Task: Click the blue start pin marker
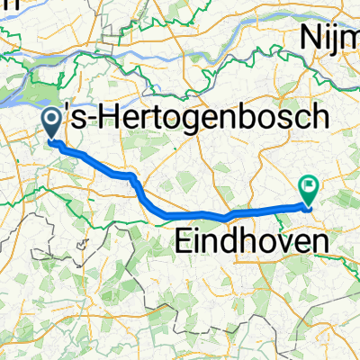click(x=51, y=122)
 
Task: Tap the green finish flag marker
click(x=309, y=190)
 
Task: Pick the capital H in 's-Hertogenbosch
click(x=106, y=119)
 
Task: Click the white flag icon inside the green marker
click(x=309, y=186)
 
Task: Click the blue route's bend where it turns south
click(x=132, y=175)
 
